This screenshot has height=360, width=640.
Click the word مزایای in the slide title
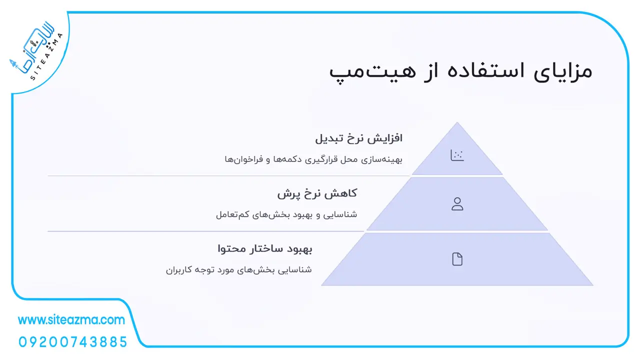563,71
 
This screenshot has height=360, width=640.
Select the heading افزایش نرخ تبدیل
358,138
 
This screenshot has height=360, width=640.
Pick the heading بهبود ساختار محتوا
265,248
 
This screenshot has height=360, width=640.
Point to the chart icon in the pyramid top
457,155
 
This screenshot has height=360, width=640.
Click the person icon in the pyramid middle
457,204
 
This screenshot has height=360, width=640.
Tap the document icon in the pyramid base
457,259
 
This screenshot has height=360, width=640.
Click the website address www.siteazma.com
71,320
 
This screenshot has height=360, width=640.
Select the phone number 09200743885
73,342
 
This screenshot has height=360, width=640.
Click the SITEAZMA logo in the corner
36,51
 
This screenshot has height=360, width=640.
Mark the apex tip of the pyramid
457,122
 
